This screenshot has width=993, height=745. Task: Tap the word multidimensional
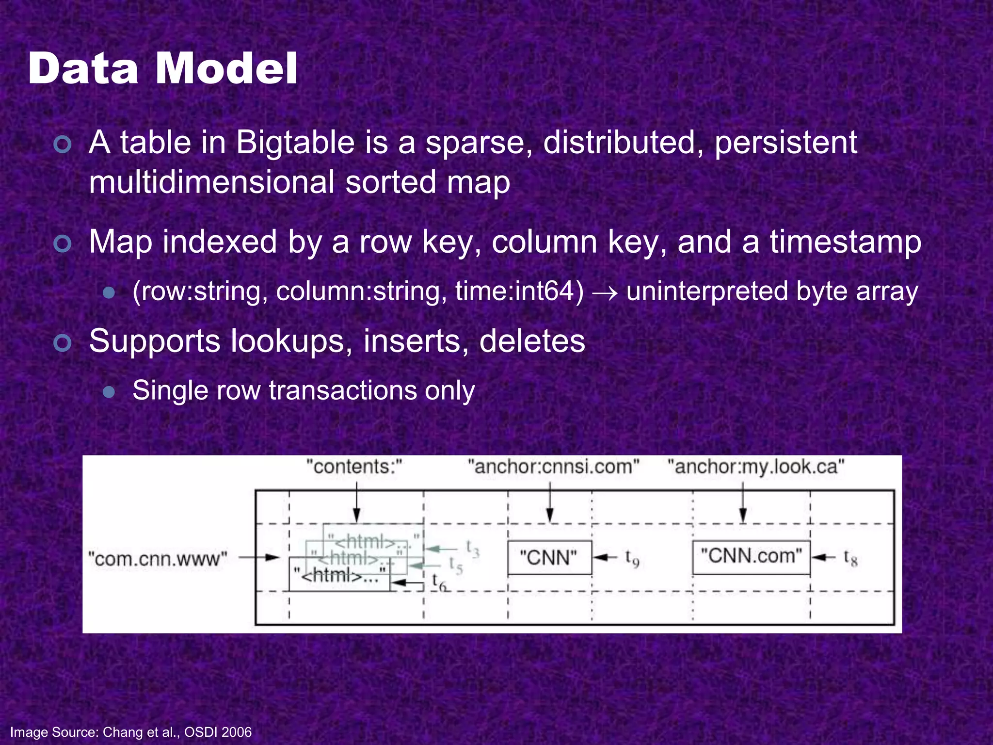tap(211, 182)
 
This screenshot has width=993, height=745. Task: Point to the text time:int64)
tap(519, 292)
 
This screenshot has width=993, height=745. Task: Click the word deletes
tap(532, 341)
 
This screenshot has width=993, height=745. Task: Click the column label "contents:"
tap(354, 467)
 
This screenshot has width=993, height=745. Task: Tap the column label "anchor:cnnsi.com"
tap(553, 467)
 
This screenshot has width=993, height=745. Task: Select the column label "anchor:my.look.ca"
tap(755, 467)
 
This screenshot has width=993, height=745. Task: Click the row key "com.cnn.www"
tap(158, 559)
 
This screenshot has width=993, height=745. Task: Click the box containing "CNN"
tap(549, 557)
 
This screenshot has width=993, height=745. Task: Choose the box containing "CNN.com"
tap(751, 557)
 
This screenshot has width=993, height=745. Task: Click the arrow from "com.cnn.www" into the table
tap(259, 557)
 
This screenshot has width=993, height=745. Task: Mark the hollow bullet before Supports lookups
tap(63, 343)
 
